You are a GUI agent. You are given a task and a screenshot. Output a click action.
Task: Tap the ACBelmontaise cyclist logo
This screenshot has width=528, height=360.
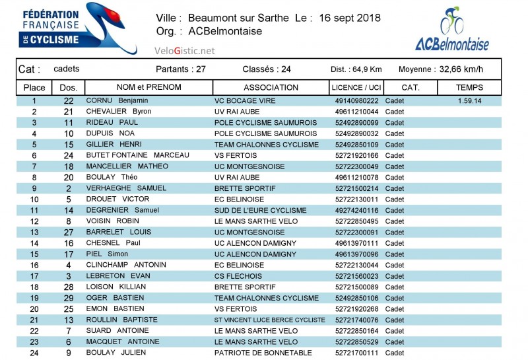pyautogui.click(x=452, y=30)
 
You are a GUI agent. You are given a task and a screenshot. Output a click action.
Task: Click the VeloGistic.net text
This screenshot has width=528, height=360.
pyautogui.click(x=185, y=50)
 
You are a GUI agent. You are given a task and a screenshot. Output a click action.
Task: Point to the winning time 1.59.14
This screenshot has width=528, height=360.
pyautogui.click(x=469, y=100)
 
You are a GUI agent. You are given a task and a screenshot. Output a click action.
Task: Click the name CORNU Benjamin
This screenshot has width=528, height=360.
pyautogui.click(x=117, y=100)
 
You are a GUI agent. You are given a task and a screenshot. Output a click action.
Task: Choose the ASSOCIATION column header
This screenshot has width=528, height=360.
pyautogui.click(x=271, y=87)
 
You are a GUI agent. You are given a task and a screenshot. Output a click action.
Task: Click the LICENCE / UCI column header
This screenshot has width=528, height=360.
pyautogui.click(x=356, y=87)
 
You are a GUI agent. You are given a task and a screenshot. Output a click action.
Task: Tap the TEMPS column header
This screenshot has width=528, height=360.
pyautogui.click(x=469, y=87)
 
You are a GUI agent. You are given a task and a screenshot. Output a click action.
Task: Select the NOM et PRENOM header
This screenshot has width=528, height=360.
pyautogui.click(x=148, y=87)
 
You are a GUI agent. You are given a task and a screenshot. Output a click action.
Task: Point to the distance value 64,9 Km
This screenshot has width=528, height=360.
pyautogui.click(x=368, y=69)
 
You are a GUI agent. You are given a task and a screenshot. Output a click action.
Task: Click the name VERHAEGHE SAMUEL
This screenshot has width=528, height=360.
pyautogui.click(x=125, y=188)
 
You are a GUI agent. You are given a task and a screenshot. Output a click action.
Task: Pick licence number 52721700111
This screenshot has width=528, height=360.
pyautogui.click(x=357, y=353)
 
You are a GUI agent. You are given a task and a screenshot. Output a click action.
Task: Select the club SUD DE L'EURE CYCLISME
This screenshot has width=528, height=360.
pyautogui.click(x=261, y=210)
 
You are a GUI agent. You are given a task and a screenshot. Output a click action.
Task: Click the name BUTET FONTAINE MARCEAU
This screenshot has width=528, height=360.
pyautogui.click(x=137, y=155)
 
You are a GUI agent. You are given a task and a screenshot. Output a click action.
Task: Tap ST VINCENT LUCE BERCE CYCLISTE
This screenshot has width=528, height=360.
pyautogui.click(x=270, y=320)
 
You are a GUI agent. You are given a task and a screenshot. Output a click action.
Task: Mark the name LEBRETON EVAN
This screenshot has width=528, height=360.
pyautogui.click(x=118, y=276)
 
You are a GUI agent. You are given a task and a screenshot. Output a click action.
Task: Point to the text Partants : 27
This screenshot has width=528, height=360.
pyautogui.click(x=181, y=69)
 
